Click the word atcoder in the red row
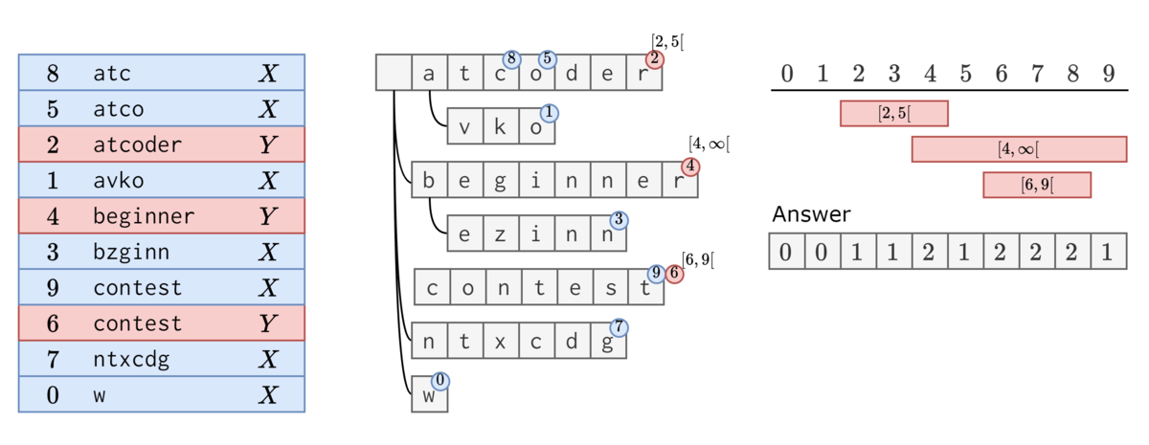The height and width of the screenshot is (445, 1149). coord(138,145)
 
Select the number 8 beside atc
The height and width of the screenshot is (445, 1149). coord(53,74)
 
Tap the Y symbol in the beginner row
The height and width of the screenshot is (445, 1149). coord(268,216)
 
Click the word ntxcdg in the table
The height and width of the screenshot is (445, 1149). coord(131,360)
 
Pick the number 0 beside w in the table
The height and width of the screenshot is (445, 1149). coord(53,395)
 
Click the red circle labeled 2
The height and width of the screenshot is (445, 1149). coord(655,59)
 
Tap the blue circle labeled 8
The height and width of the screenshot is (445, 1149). coord(511,59)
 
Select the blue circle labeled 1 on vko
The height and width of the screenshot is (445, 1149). coord(549,113)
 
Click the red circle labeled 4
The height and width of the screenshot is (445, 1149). coord(690,167)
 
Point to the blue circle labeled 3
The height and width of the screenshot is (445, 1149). coord(620,220)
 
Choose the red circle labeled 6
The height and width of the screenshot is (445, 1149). coord(674,274)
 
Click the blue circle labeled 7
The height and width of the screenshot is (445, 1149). coord(620,327)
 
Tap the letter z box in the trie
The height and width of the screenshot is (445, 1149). coord(501,234)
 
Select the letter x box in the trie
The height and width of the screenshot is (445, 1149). coord(501,341)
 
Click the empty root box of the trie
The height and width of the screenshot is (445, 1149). coord(394,73)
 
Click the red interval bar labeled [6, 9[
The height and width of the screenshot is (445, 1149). coord(1037,185)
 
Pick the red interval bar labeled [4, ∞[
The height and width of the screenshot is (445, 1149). coord(1019,149)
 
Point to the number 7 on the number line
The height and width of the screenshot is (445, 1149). coord(1037,74)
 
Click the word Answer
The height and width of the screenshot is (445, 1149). coord(812,214)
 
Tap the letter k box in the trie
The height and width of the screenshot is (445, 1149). coord(501,126)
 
